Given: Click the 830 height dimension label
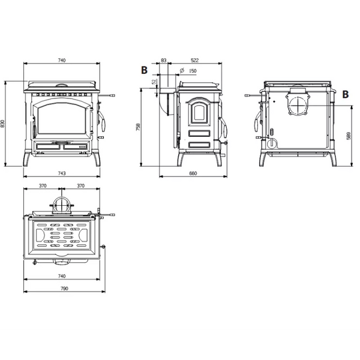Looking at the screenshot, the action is [x=2, y=124].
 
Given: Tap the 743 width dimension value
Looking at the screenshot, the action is [x=62, y=173].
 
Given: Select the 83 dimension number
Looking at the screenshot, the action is [x=163, y=61].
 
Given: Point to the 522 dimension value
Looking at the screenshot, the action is [x=194, y=61].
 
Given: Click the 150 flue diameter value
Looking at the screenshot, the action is [x=193, y=71].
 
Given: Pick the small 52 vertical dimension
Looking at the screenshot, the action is [x=154, y=82].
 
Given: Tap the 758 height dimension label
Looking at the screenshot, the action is [x=138, y=127].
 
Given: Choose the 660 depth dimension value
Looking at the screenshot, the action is [x=193, y=173].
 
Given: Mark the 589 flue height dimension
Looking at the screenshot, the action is [x=349, y=136].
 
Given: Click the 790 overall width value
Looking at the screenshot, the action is [x=65, y=289].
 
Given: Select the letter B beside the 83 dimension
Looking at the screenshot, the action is [x=144, y=70].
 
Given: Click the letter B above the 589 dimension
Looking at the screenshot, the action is [x=346, y=94].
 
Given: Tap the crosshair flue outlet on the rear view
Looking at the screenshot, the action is [x=298, y=106].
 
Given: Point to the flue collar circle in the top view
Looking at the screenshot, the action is [x=62, y=205].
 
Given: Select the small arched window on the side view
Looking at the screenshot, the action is [x=199, y=112].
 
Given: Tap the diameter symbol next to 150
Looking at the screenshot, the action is [x=182, y=70].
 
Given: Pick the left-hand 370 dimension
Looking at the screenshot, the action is [x=43, y=186].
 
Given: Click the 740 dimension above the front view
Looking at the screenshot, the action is [x=62, y=61].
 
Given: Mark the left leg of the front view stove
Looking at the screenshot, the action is [x=26, y=158].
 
